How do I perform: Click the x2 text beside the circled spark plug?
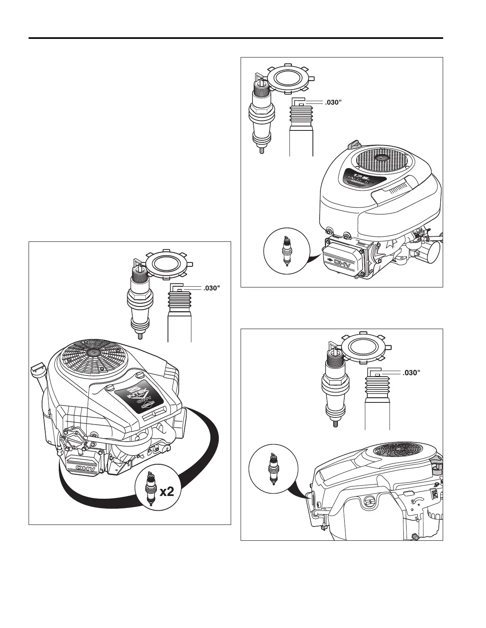tap(167, 492)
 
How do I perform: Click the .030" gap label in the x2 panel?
tap(211, 288)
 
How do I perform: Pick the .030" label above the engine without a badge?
tap(411, 373)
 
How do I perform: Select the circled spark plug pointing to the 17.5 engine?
tap(286, 250)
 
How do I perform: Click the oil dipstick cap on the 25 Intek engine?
tap(37, 371)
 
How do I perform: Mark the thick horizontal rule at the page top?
tap(236, 38)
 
